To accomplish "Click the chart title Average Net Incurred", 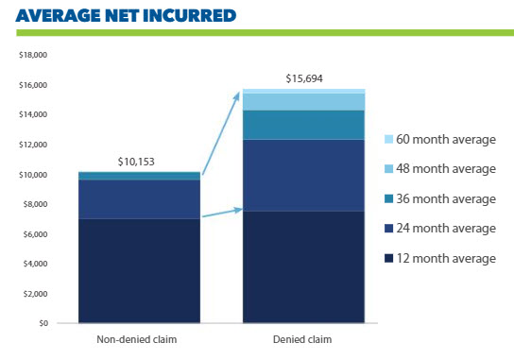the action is click(x=126, y=15).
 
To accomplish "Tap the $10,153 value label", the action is click(x=136, y=162).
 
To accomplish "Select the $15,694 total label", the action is click(x=304, y=78).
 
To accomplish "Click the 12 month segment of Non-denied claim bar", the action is click(x=139, y=271).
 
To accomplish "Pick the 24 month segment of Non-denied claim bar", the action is click(x=139, y=199).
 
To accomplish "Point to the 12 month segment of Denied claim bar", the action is click(x=303, y=266).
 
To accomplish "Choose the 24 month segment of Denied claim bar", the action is click(x=303, y=176).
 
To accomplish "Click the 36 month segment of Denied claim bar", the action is click(x=303, y=126).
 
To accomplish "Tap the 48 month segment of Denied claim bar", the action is click(x=303, y=102).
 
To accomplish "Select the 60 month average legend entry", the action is click(x=440, y=139).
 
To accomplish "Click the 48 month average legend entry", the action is click(x=440, y=169).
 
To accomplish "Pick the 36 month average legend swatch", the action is click(x=388, y=198).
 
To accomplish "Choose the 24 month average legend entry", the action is click(x=440, y=229).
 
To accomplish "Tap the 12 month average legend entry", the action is click(x=440, y=258).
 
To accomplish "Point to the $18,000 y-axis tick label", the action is click(x=33, y=55).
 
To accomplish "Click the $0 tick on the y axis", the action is click(x=43, y=323).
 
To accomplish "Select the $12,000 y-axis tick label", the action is click(x=33, y=145).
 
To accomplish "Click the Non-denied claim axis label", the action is click(x=137, y=339).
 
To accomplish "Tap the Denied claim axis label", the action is click(x=302, y=339).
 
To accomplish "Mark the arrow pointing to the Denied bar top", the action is click(x=221, y=133).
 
